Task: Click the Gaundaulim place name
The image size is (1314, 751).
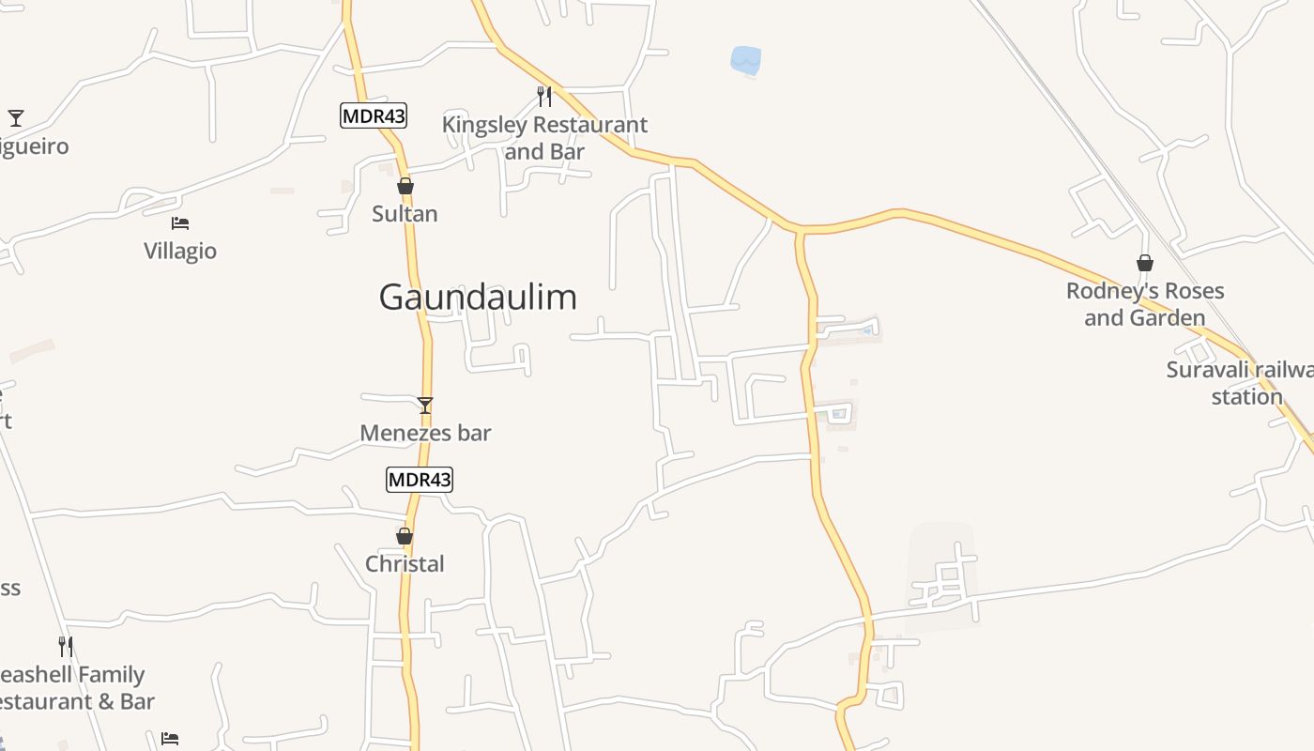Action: (478, 298)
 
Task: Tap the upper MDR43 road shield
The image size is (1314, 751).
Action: (374, 115)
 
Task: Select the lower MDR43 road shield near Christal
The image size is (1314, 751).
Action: (420, 480)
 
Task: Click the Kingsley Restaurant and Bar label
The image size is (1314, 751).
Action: (544, 138)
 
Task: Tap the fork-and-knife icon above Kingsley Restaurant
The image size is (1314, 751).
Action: (544, 96)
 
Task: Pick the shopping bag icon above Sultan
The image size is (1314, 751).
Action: (405, 186)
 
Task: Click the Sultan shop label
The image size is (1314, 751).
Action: (405, 214)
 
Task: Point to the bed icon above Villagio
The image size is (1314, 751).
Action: (180, 223)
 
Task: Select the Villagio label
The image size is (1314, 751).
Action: (180, 251)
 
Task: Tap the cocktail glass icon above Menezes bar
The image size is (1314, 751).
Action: (425, 406)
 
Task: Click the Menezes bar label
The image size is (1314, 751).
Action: (425, 433)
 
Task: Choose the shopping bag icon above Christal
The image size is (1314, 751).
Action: (405, 536)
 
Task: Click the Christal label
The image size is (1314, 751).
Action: (405, 564)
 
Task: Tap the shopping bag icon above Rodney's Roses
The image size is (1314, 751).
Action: (1145, 263)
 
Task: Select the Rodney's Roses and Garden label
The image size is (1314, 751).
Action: (1145, 304)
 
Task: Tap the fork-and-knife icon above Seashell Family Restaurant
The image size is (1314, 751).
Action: (66, 646)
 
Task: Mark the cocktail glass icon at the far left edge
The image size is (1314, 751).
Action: (16, 118)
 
